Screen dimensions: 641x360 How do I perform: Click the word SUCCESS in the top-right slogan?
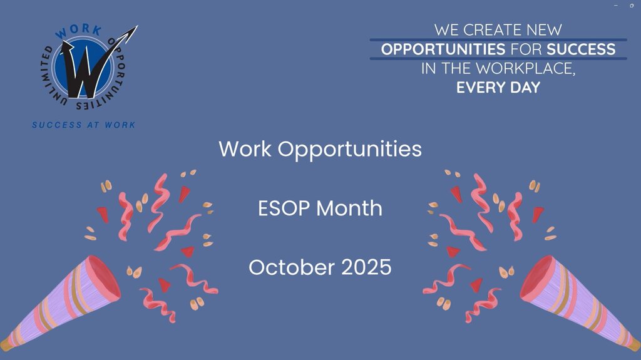click(x=581, y=49)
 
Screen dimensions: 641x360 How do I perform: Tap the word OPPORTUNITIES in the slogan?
click(x=443, y=49)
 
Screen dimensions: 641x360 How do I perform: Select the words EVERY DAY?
click(x=498, y=88)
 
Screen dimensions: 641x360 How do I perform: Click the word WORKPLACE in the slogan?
click(x=525, y=69)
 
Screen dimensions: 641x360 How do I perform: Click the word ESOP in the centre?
click(x=284, y=208)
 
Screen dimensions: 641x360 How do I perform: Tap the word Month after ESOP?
click(x=349, y=208)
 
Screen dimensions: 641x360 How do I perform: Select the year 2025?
click(x=366, y=267)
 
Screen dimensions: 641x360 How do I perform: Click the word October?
click(x=292, y=267)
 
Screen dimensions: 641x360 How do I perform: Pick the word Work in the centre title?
click(x=245, y=148)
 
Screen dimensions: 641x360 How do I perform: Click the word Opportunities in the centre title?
click(x=350, y=150)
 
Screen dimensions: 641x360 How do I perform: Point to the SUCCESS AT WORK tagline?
click(x=84, y=125)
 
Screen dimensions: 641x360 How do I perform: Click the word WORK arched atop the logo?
click(x=79, y=31)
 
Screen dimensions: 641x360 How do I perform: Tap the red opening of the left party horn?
click(x=104, y=278)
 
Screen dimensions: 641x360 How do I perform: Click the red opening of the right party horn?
click(x=537, y=278)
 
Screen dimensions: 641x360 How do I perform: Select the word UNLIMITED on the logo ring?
click(x=51, y=76)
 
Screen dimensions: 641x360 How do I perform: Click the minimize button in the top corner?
click(x=616, y=5)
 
